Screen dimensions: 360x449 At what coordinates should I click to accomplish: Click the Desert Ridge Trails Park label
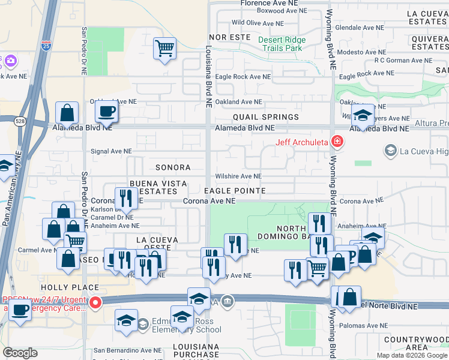282,44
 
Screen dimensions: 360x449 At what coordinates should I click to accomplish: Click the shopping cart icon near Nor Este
164,47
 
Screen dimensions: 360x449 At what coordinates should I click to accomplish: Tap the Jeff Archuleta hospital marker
337,142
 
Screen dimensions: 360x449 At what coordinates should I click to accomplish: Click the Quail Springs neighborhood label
266,117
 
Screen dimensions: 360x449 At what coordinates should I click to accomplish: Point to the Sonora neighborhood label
173,168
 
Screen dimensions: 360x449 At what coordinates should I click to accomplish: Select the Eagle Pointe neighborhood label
235,190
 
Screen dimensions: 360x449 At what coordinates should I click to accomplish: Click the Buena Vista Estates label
158,187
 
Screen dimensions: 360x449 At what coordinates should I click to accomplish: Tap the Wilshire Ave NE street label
238,176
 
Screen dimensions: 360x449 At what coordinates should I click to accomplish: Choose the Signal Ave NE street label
112,152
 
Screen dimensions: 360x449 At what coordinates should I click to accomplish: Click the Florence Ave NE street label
270,3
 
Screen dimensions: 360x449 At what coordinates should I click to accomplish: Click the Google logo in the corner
20,353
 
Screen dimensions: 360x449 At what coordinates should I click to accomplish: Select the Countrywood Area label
417,343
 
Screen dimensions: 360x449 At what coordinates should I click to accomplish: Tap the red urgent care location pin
95,304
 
